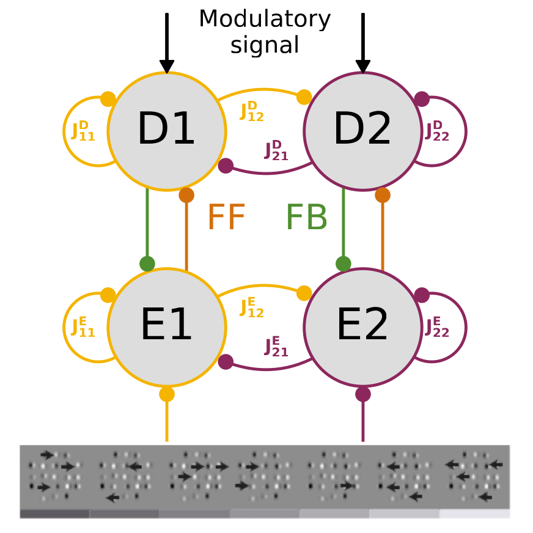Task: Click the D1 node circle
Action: coord(166,131)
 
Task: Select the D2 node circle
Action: coord(362,131)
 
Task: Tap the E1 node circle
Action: coord(166,327)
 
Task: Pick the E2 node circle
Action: coord(362,327)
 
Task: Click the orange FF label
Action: coord(226,217)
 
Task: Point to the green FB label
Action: coord(306,217)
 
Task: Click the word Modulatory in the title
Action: coord(265,20)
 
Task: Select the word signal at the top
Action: coord(265,45)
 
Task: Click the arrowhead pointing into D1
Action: coord(167,66)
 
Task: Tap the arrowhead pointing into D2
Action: coord(363,66)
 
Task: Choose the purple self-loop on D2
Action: coord(465,131)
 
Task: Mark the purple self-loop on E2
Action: coord(465,328)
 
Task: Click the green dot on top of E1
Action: coord(147,263)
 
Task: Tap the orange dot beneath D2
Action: coord(383,195)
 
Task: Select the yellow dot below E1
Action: coord(167,394)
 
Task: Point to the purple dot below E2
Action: coord(363,394)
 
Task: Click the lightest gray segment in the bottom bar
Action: coord(474,513)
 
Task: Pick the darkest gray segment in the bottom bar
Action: coord(55,513)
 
